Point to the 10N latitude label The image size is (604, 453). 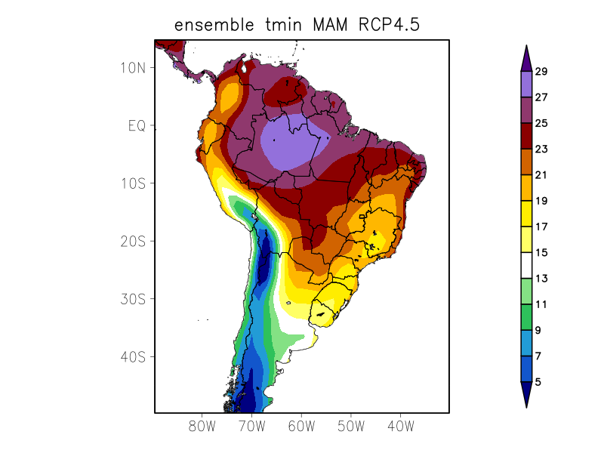point(133,67)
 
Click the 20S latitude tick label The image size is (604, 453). point(133,241)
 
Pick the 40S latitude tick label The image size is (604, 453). point(133,356)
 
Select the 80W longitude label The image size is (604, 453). point(202,426)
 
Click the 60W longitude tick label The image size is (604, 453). point(301,426)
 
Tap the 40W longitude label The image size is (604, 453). point(400,426)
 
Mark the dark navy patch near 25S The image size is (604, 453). point(264,260)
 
